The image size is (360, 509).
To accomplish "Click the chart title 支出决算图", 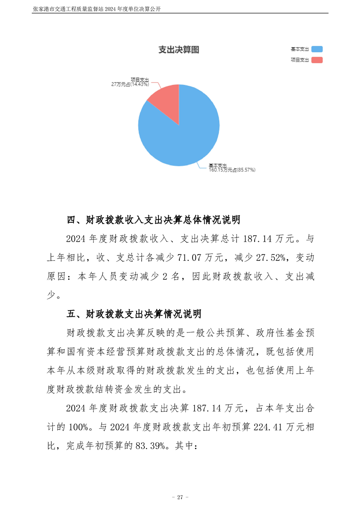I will pyautogui.click(x=178, y=50).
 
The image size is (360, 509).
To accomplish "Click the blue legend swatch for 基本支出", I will pyautogui.click(x=317, y=49).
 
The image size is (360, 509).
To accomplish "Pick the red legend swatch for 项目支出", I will pyautogui.click(x=317, y=60).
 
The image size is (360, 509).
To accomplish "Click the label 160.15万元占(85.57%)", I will pyautogui.click(x=232, y=170).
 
